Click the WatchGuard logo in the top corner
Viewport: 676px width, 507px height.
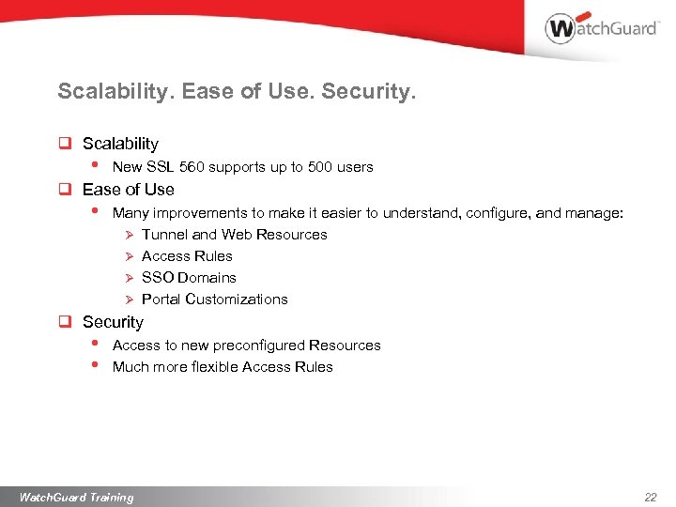602,28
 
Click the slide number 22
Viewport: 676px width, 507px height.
651,497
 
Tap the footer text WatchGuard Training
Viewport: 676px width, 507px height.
76,497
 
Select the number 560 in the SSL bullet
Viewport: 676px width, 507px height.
192,167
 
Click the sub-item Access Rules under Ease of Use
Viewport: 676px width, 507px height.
187,256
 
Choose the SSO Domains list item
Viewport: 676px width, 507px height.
189,278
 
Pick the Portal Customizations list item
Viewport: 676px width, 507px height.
214,300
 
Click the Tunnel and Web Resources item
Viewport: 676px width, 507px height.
234,235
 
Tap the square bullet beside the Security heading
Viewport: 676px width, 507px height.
66,322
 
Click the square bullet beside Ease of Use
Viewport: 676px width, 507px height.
66,190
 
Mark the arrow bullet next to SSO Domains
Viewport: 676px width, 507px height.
130,278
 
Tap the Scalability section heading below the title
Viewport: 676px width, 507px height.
120,144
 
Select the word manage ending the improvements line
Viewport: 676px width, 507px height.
591,213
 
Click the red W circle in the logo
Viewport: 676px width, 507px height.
561,28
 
